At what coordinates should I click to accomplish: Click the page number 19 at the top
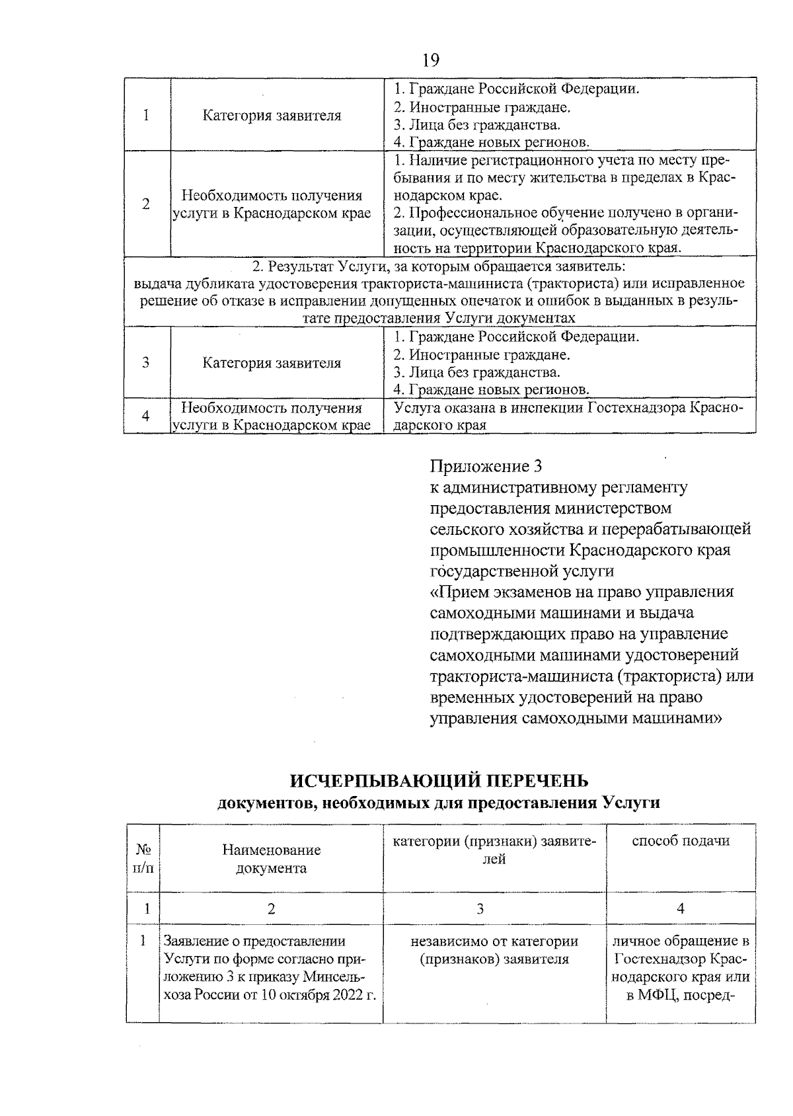[430, 60]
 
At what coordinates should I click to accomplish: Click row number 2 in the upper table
[146, 204]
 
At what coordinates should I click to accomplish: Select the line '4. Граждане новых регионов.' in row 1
[491, 141]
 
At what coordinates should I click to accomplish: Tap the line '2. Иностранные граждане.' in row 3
[482, 354]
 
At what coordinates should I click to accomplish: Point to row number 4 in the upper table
[146, 415]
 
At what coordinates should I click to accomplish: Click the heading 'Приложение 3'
[486, 466]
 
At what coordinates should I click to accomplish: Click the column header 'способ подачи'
[681, 841]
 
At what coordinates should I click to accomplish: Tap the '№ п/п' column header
[143, 858]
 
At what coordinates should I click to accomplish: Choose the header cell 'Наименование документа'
[271, 859]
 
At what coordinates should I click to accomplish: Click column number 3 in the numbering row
[480, 908]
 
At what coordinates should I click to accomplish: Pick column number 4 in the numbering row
[681, 908]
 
